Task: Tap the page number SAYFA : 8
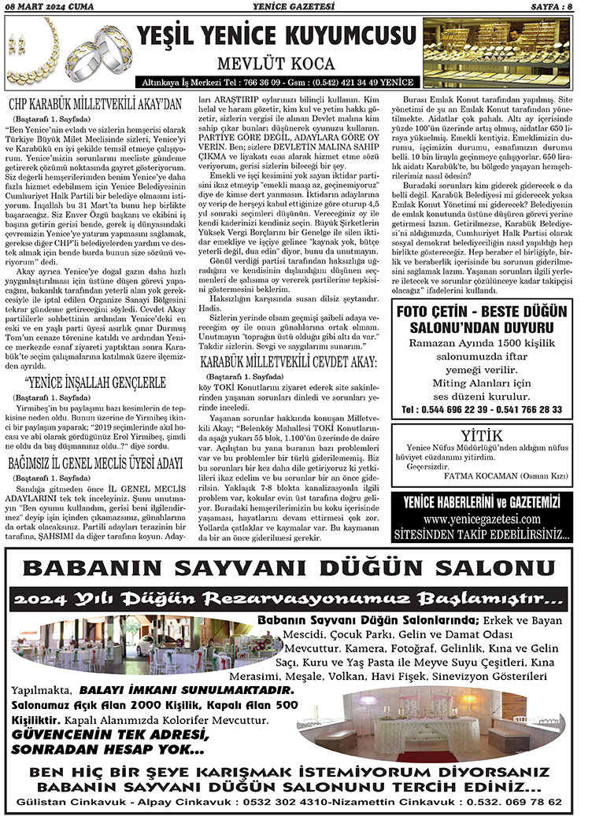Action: point(551,7)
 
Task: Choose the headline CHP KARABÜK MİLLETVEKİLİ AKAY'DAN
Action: point(95,103)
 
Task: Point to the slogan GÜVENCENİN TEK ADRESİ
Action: point(110,734)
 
